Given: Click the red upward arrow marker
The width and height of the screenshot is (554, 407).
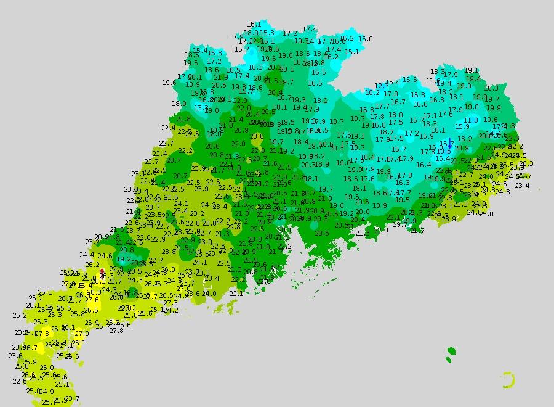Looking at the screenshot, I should tap(102, 271).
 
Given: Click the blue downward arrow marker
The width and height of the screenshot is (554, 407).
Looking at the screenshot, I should tap(451, 145).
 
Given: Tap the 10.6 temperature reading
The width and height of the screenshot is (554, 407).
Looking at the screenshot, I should tap(444, 152).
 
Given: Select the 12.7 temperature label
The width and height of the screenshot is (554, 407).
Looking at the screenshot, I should tap(382, 86).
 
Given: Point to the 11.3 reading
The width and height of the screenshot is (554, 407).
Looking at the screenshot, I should tap(471, 121).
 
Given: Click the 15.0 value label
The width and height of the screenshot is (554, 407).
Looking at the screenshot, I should tap(365, 39).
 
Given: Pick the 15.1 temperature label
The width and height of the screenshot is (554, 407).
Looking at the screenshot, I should tap(351, 52).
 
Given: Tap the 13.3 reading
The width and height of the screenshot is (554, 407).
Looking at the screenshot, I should tap(201, 108).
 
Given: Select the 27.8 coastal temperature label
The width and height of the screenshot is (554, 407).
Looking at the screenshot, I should tap(116, 331).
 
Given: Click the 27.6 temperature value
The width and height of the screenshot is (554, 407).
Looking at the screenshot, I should tap(92, 300).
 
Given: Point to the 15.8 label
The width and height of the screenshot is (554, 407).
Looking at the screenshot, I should tap(367, 110).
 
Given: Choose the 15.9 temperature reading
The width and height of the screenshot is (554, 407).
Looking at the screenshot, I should tap(462, 127).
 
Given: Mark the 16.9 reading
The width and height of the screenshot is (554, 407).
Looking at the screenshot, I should tap(427, 137).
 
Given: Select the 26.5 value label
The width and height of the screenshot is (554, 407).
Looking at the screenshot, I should tap(166, 296).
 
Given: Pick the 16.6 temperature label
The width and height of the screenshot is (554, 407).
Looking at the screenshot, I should tap(420, 105).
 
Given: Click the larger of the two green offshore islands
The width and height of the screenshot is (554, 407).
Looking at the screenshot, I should tap(451, 352).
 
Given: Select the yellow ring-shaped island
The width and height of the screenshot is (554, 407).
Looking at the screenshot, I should tap(507, 380).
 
